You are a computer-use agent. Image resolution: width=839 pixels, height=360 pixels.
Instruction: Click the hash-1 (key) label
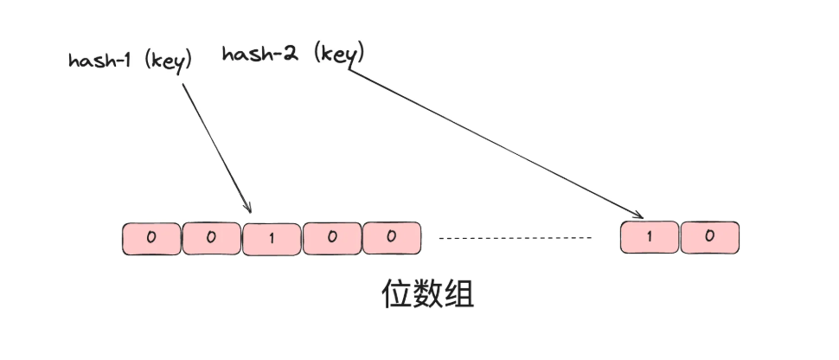pyautogui.click(x=130, y=61)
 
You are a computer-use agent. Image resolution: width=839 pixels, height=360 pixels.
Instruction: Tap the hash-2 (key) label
pyautogui.click(x=293, y=54)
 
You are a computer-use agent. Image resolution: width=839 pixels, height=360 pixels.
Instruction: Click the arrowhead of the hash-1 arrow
pyautogui.click(x=248, y=209)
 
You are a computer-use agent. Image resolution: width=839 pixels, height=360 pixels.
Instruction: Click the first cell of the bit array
pyautogui.click(x=151, y=238)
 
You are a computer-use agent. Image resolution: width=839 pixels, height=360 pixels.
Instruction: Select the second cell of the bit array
pyautogui.click(x=211, y=238)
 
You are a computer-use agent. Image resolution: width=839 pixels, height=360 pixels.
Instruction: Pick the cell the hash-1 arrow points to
pyautogui.click(x=272, y=238)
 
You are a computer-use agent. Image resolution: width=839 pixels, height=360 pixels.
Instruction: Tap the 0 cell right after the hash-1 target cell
pyautogui.click(x=331, y=238)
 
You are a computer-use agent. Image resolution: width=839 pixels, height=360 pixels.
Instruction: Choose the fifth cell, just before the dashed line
pyautogui.click(x=391, y=238)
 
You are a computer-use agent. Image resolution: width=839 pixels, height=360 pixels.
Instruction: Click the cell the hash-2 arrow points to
pyautogui.click(x=650, y=238)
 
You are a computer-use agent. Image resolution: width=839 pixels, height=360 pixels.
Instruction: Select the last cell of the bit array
pyautogui.click(x=710, y=238)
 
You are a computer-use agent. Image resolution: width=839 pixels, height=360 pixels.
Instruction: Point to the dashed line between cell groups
pyautogui.click(x=516, y=237)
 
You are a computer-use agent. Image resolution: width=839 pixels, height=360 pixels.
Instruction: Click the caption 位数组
pyautogui.click(x=427, y=294)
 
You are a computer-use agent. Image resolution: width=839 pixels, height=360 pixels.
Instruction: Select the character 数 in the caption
pyautogui.click(x=427, y=294)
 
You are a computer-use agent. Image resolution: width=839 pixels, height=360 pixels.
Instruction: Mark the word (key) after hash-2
pyautogui.click(x=339, y=54)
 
